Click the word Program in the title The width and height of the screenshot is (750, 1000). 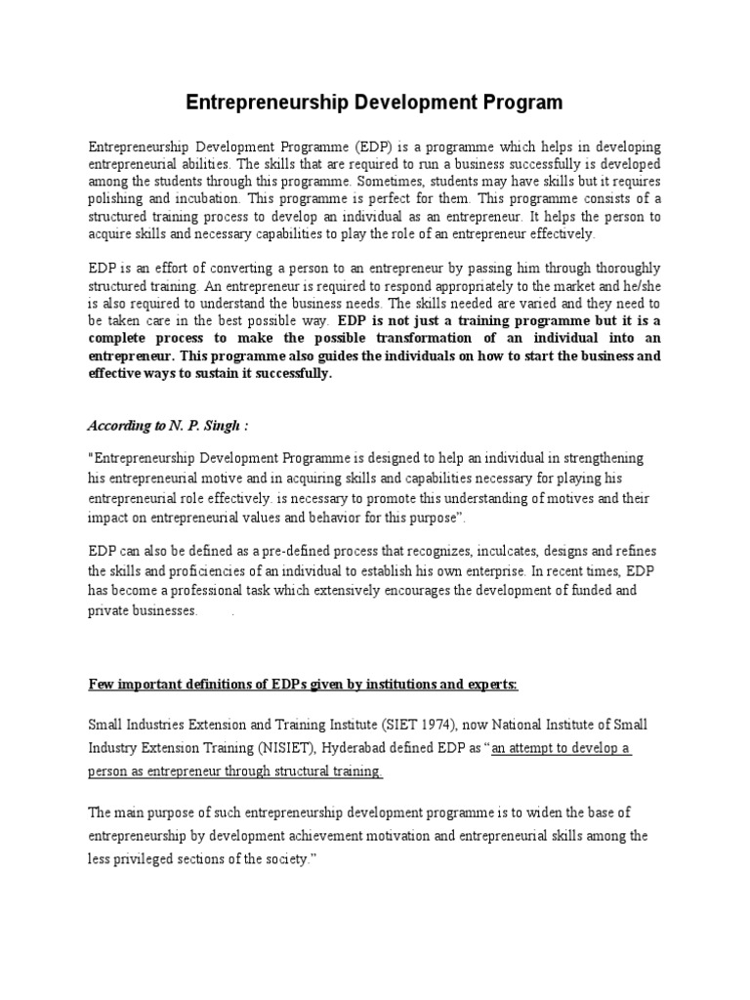[x=517, y=102]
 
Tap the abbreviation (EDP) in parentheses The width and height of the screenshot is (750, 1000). [x=345, y=146]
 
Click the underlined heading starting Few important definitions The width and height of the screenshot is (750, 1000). [x=304, y=685]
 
